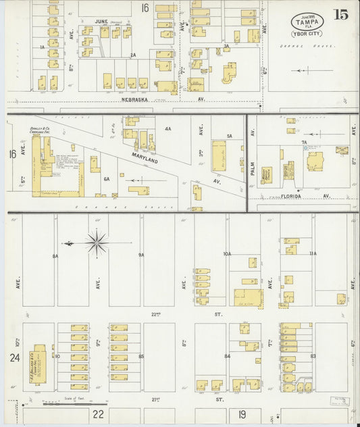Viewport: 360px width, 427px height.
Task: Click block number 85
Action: tap(141, 356)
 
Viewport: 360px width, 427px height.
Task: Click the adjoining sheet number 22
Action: tap(98, 414)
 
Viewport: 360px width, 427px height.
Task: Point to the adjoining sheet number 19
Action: tap(240, 414)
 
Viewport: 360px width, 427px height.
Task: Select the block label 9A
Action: tap(141, 255)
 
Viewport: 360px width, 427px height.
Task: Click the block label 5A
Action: tap(229, 136)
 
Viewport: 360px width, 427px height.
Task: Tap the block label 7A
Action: tap(305, 143)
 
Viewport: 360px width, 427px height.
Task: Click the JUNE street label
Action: tap(101, 22)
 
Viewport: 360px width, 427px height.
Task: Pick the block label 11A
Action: tap(313, 254)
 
